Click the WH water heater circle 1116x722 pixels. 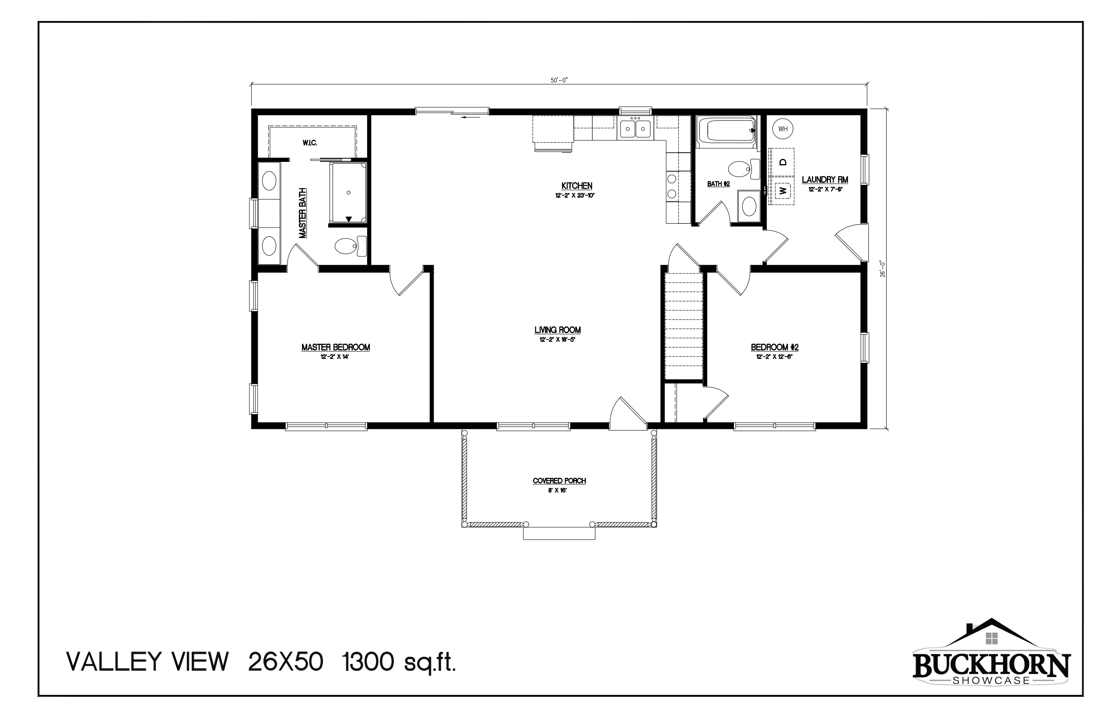coord(783,129)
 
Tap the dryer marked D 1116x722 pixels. coord(782,162)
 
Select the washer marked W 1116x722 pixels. coord(782,191)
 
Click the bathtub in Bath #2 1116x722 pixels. coord(726,131)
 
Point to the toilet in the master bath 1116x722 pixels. coord(351,245)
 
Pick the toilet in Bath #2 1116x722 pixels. coord(744,169)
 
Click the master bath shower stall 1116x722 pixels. coord(348,193)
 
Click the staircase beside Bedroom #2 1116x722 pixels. coord(684,326)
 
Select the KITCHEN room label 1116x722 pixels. coord(577,186)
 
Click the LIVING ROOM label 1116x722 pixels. coord(558,330)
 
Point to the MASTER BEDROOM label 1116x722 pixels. coord(336,347)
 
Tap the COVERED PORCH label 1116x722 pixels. coord(559,481)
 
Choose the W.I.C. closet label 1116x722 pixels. coord(310,143)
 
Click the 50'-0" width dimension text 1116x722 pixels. coord(559,80)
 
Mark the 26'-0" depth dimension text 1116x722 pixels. coord(882,269)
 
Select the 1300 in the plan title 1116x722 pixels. coord(368,662)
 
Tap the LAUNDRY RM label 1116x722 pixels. coord(825,179)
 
